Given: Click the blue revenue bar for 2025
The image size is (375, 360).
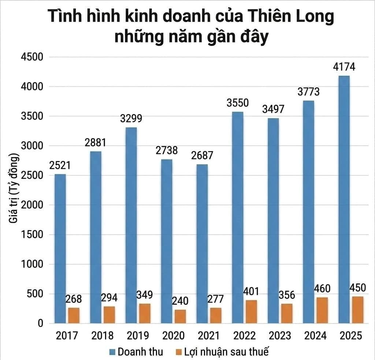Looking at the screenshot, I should (344, 199).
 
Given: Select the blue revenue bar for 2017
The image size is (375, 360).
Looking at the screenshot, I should (60, 249).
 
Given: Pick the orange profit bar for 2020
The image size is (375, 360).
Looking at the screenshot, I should (180, 316).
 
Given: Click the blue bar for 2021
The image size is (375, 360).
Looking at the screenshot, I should (202, 244).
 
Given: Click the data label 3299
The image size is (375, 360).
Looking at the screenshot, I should (131, 119).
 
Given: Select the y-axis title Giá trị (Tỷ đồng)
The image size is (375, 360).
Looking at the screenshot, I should (13, 190).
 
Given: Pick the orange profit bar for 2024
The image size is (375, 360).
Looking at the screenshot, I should (322, 310).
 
